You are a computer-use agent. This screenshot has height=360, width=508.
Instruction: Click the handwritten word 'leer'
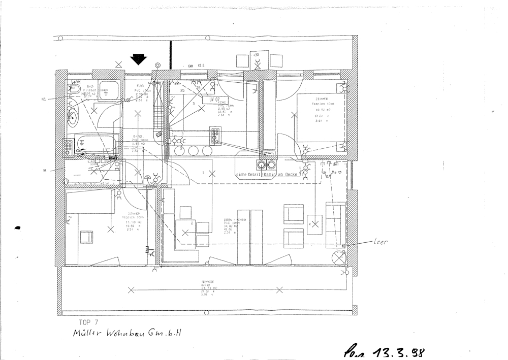click(380, 242)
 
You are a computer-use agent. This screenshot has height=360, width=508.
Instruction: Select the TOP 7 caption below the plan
click(89, 322)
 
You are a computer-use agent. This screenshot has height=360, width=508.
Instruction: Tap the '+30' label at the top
click(256, 54)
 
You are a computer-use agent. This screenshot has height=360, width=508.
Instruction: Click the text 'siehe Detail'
click(248, 175)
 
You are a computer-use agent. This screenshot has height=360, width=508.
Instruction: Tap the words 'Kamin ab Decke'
click(281, 175)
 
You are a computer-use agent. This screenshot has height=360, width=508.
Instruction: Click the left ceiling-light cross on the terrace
click(131, 290)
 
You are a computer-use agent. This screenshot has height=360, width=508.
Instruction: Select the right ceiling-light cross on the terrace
click(279, 290)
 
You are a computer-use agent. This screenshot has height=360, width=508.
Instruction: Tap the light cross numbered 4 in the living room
click(315, 223)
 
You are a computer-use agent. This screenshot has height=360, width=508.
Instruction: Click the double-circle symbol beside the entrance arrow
click(158, 65)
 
